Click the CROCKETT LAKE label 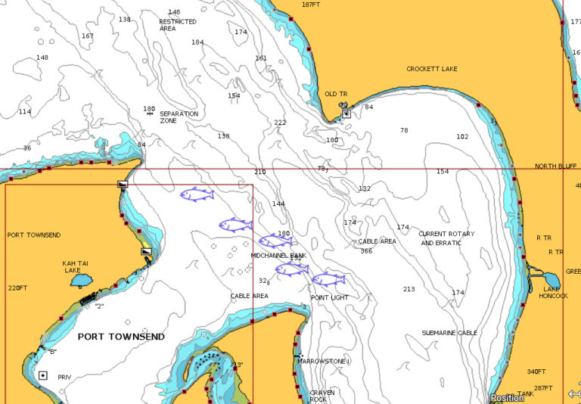431,69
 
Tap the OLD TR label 336,94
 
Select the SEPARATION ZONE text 179,117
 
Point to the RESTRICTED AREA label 177,25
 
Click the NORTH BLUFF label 555,166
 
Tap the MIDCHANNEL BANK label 278,256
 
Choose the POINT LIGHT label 330,298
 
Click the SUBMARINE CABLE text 449,333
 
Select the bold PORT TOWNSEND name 121,337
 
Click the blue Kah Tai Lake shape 79,281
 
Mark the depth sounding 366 366,251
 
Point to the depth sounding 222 280,123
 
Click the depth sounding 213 409,289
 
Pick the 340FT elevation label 536,371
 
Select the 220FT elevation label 17,288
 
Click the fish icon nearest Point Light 328,279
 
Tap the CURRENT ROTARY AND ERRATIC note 447,238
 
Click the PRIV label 64,376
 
